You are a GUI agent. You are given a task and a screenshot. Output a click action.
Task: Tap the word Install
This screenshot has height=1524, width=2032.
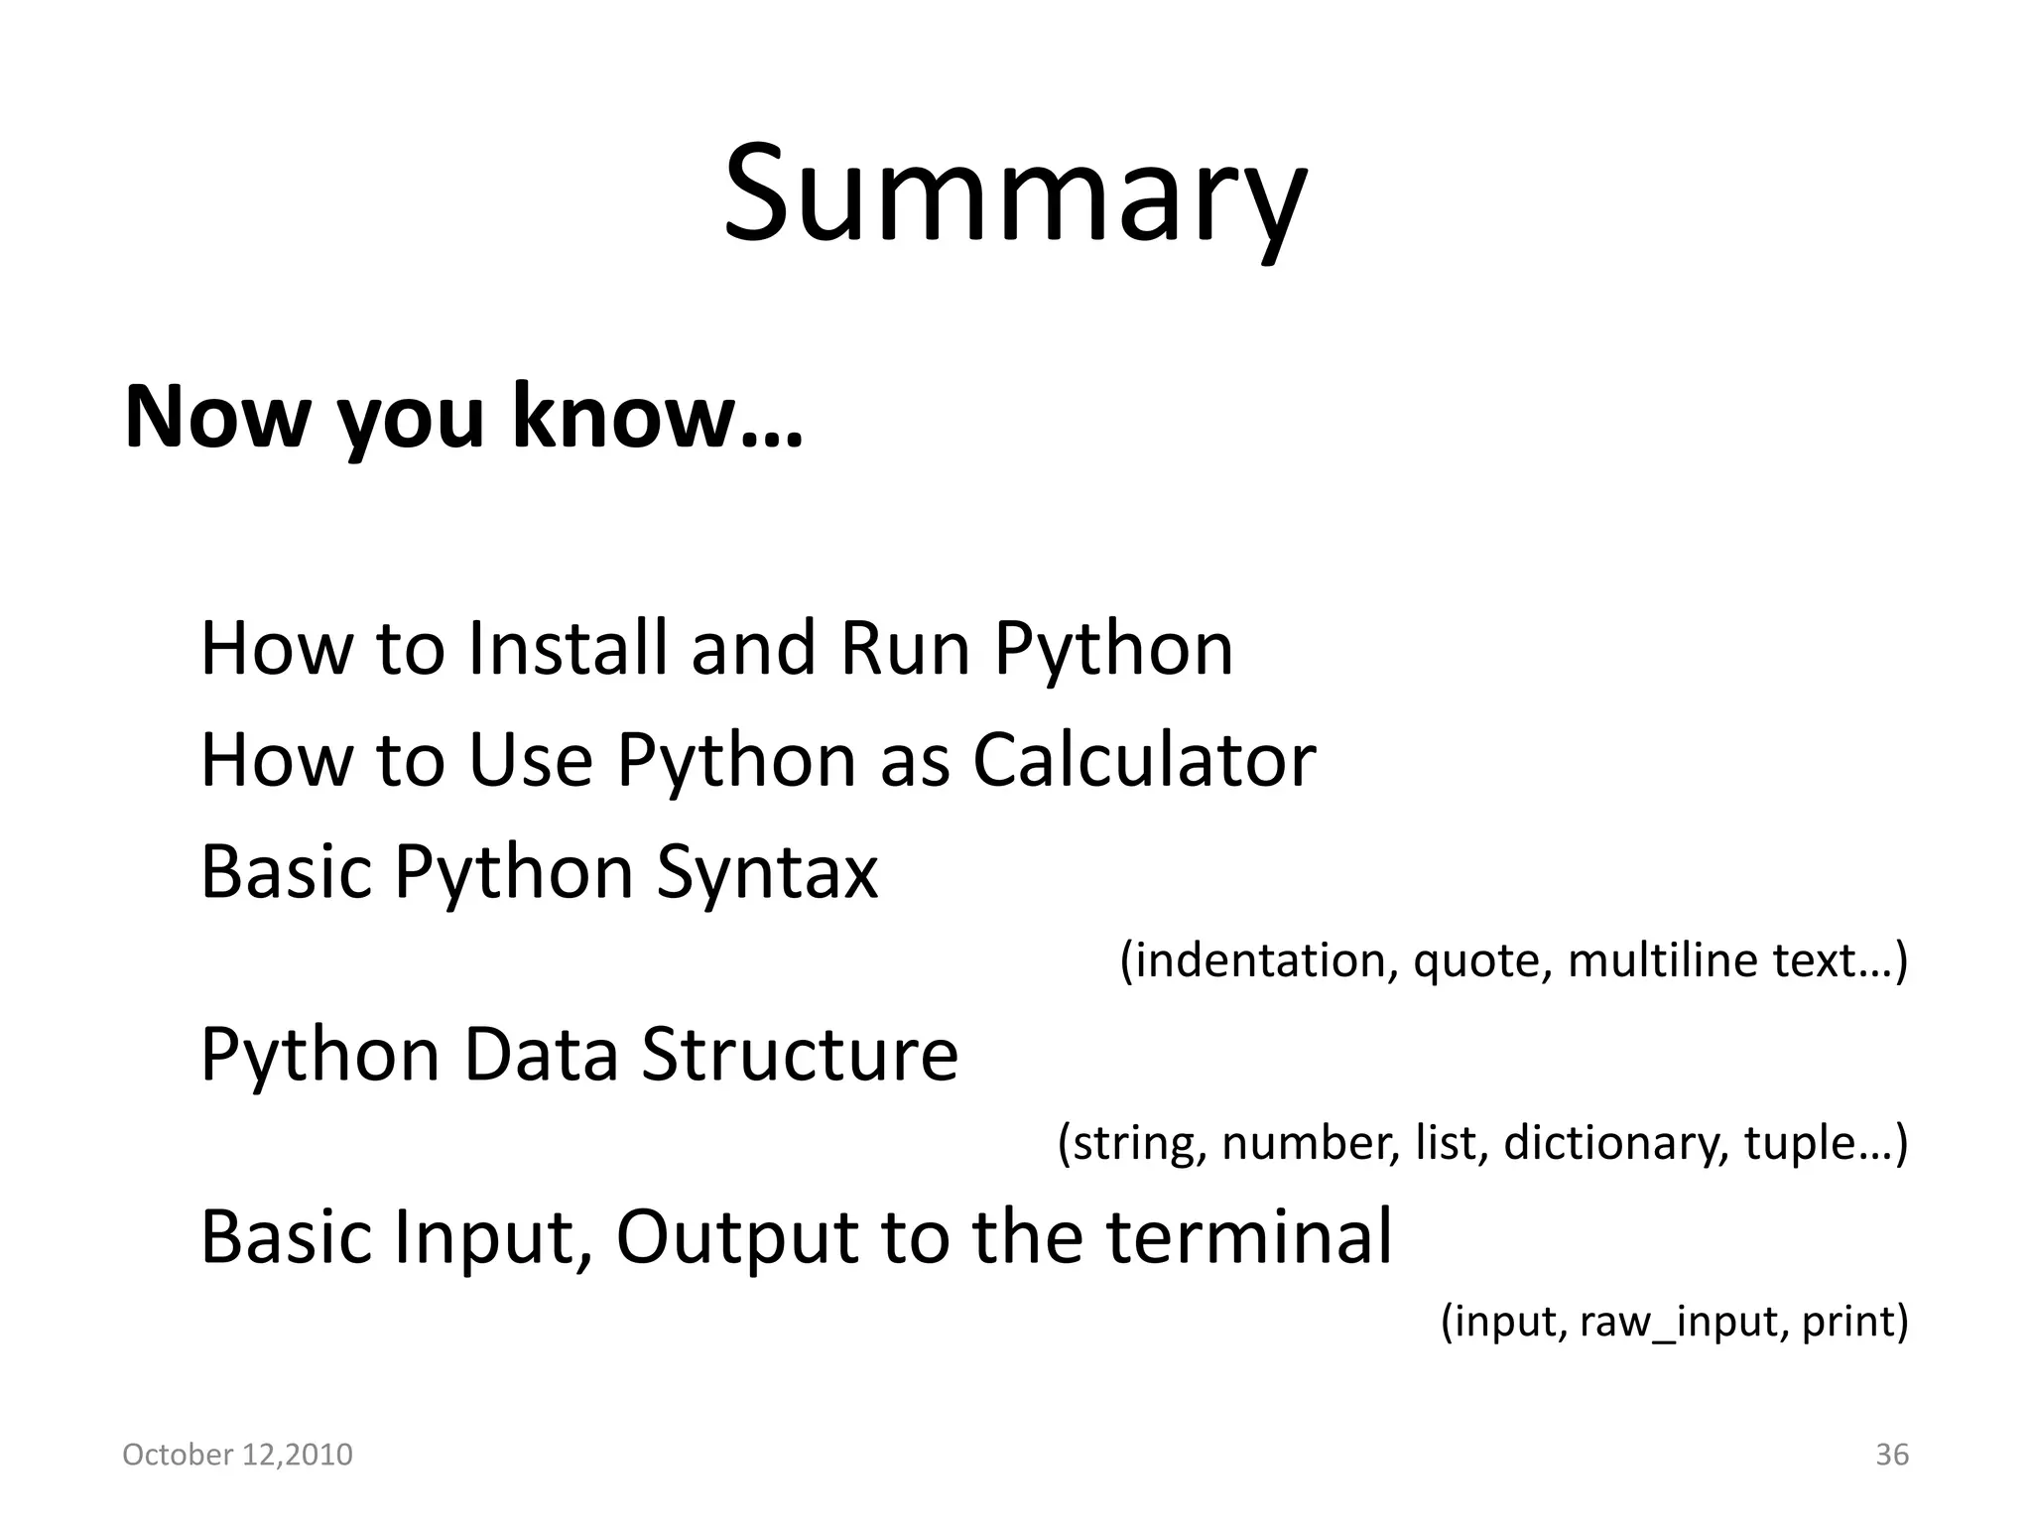(x=568, y=649)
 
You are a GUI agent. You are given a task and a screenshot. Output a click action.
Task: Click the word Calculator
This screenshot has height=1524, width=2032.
(x=1143, y=761)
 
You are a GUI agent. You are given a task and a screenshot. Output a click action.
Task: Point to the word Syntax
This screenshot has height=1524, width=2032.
(x=767, y=873)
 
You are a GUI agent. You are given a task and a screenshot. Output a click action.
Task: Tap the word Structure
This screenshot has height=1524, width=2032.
(x=800, y=1054)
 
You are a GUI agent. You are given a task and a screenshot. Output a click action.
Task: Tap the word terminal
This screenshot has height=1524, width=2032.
(x=1249, y=1237)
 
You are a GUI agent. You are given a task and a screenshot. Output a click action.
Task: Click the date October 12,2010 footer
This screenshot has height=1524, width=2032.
(x=237, y=1455)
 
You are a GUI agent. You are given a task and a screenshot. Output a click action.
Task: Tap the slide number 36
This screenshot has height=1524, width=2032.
(x=1891, y=1455)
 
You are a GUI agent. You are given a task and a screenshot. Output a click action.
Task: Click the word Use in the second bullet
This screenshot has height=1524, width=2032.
(x=530, y=761)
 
